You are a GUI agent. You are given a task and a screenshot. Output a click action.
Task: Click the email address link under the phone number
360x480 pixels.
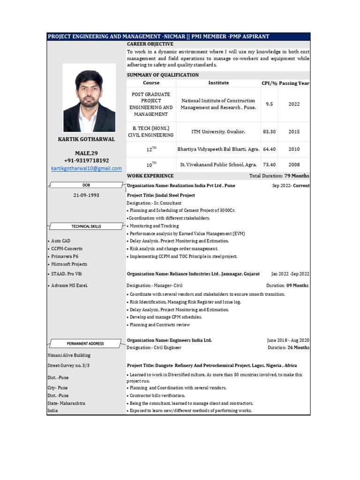click(86, 168)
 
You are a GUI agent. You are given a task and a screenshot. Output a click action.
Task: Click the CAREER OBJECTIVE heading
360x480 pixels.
click(150, 44)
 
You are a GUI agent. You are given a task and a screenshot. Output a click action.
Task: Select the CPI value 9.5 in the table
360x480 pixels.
click(269, 105)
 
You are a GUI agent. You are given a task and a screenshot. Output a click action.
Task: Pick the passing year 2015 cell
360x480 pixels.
click(294, 132)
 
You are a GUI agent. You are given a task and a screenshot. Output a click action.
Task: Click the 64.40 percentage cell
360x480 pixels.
click(269, 150)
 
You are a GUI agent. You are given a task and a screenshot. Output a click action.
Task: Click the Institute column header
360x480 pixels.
click(218, 83)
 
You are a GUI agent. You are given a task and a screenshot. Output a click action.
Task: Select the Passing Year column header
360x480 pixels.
click(294, 83)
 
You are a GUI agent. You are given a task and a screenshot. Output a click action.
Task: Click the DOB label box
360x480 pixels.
click(86, 185)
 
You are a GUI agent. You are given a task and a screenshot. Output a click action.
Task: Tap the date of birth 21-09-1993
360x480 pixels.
click(86, 195)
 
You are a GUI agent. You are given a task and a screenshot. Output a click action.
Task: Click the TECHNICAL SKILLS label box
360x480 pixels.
click(86, 226)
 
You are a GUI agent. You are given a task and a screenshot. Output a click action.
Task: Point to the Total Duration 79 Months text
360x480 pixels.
click(279, 176)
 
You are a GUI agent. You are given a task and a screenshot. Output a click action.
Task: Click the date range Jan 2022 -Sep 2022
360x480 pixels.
click(290, 274)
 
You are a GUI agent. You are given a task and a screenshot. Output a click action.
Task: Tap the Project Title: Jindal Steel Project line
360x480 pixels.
click(161, 195)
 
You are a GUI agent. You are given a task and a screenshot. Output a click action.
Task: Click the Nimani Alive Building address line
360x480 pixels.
click(69, 356)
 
